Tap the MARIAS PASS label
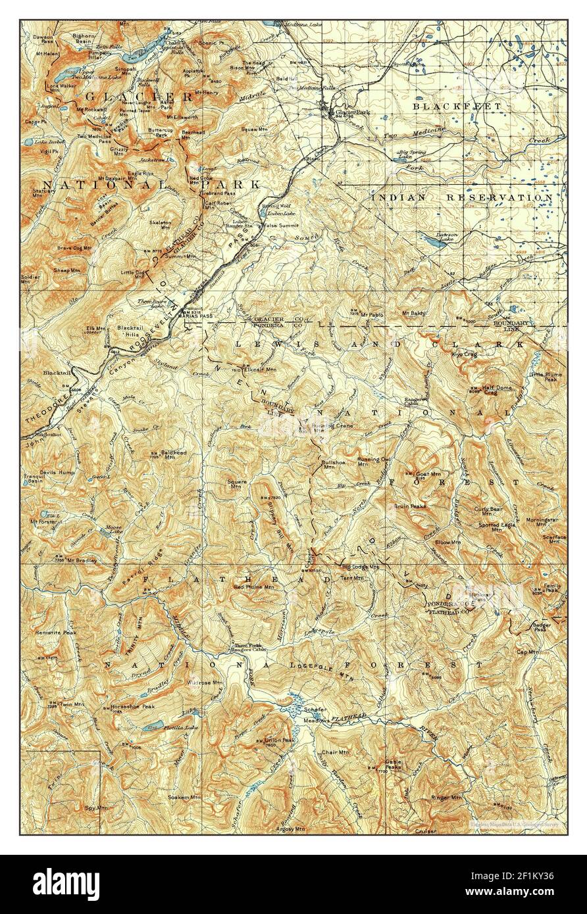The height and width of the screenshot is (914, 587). click(195, 314)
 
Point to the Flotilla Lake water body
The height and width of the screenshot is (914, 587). click(154, 725)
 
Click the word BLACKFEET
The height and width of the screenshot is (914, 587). click(457, 106)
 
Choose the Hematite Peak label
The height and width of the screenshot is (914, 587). click(57, 633)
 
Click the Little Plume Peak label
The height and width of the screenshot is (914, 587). click(544, 377)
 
